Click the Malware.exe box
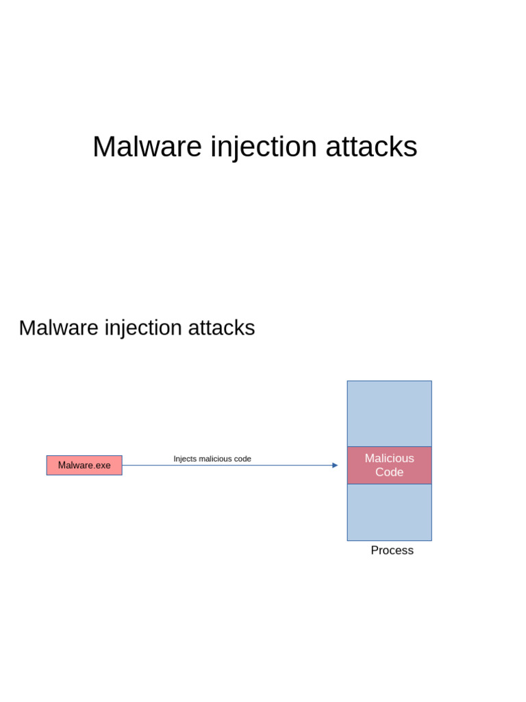84,465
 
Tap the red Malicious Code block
389,465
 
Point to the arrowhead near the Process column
335,465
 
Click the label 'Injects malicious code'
212,459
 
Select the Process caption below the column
392,550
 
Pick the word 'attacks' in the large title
371,147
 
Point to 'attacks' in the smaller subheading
221,328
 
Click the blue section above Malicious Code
389,413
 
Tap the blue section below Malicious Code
389,512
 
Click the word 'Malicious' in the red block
389,458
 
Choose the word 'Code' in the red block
389,472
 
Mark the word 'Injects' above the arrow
185,459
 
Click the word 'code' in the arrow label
242,459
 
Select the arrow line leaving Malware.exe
226,465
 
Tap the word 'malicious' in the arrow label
215,459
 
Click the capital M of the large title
104,147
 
